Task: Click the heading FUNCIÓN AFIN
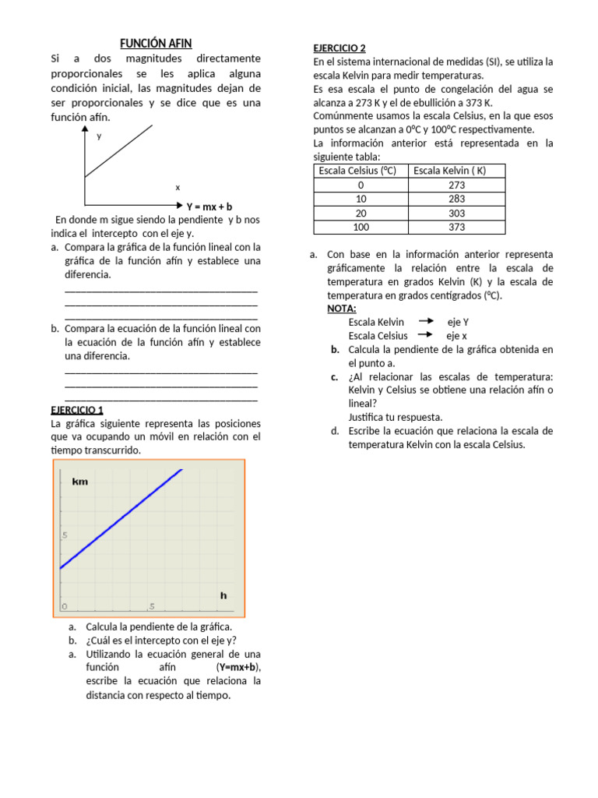click(156, 44)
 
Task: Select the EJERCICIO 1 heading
click(76, 410)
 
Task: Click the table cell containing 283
click(456, 199)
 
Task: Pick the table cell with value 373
click(456, 227)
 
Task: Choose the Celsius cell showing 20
click(361, 213)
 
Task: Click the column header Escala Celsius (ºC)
click(361, 171)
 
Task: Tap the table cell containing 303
click(456, 213)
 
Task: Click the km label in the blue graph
click(79, 482)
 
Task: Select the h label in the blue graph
click(223, 595)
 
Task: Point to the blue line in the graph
click(121, 518)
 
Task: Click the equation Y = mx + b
click(209, 207)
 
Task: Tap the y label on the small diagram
click(99, 136)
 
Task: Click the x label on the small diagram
click(178, 187)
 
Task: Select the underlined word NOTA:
click(341, 309)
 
